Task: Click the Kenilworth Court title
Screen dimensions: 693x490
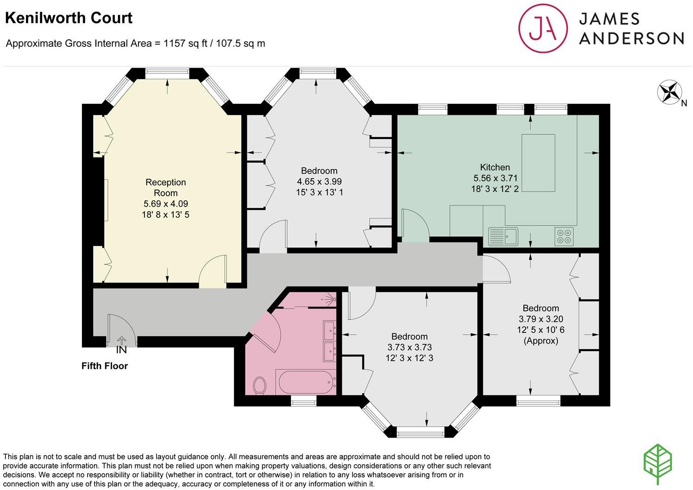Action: click(x=69, y=18)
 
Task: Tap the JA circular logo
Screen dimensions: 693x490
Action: click(x=543, y=28)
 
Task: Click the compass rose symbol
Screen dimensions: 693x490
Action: click(x=669, y=92)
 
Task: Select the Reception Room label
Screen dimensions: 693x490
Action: click(x=165, y=188)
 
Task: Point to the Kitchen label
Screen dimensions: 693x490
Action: click(x=495, y=167)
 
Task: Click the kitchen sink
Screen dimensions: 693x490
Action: click(x=503, y=237)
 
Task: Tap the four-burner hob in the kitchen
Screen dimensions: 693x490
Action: click(x=564, y=237)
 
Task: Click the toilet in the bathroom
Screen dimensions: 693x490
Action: click(x=259, y=385)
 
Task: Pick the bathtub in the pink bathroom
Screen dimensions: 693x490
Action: click(x=306, y=382)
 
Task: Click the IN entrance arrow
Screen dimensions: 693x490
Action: click(x=121, y=340)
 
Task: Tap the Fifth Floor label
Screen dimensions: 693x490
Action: click(x=105, y=366)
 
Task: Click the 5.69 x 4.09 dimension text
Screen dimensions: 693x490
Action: click(x=165, y=204)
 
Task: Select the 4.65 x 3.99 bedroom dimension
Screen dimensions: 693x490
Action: click(x=319, y=182)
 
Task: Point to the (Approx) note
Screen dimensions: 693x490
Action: click(x=541, y=341)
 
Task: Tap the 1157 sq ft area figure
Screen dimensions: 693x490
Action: click(x=185, y=44)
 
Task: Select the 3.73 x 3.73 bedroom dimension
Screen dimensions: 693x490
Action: click(x=409, y=347)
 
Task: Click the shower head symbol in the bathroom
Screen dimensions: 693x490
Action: click(x=330, y=299)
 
